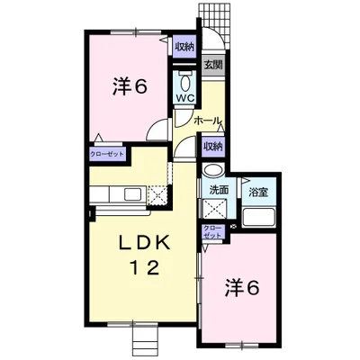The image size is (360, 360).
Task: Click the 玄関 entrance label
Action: click(x=213, y=65)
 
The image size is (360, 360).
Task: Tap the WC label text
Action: click(x=185, y=97)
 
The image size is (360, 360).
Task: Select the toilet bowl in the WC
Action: click(x=185, y=82)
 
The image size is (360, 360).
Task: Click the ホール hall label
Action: click(x=208, y=121)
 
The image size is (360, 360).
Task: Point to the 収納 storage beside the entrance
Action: click(x=184, y=47)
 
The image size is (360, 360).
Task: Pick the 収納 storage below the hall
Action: click(x=213, y=147)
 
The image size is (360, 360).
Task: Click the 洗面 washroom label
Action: click(x=219, y=190)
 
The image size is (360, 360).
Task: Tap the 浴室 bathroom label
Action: click(x=258, y=192)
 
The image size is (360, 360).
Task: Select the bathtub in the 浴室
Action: click(x=259, y=217)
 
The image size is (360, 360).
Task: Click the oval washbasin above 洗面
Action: click(x=213, y=170)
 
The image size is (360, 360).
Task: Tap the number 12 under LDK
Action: click(x=144, y=267)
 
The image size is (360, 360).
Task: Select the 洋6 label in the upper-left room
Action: click(x=130, y=86)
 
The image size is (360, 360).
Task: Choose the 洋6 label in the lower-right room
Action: click(x=242, y=287)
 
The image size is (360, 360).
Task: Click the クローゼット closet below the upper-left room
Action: click(x=107, y=154)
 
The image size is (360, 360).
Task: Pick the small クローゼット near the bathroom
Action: click(x=212, y=231)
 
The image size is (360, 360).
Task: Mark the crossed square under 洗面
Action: click(x=214, y=208)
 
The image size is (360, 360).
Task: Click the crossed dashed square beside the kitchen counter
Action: click(x=157, y=195)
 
